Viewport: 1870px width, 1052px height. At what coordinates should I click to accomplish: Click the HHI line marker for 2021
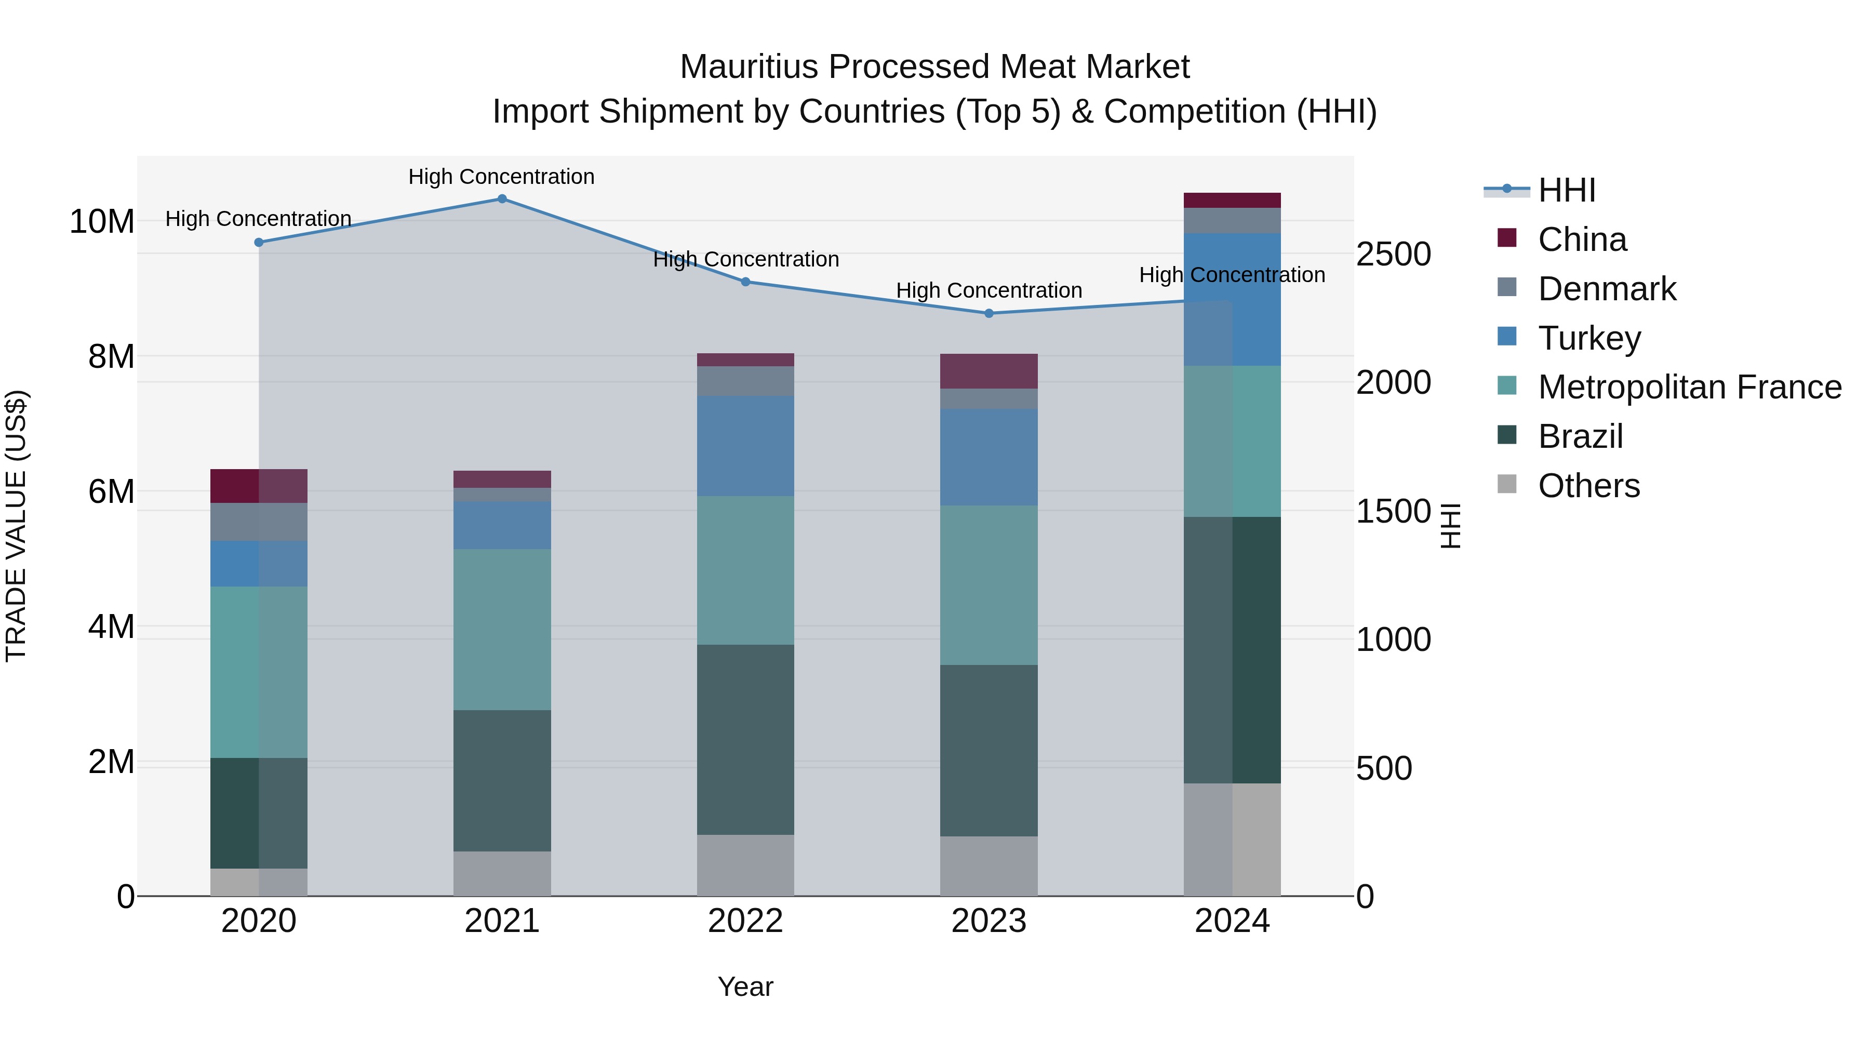tap(502, 199)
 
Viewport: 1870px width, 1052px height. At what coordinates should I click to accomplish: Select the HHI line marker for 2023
tap(989, 314)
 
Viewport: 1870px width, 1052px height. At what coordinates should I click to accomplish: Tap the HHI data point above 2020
tap(259, 243)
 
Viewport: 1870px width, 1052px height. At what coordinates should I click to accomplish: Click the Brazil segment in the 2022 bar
tap(745, 739)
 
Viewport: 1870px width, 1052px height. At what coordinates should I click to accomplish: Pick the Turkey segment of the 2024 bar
tap(1232, 299)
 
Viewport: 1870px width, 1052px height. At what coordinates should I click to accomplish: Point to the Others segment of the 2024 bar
tap(1232, 840)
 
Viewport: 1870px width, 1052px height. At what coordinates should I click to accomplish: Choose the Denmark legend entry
tap(1607, 289)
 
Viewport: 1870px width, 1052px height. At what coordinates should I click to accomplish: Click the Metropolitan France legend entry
tap(1689, 387)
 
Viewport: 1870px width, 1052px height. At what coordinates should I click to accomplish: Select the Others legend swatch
tap(1507, 484)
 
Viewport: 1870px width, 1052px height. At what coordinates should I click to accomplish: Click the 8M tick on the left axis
tap(111, 356)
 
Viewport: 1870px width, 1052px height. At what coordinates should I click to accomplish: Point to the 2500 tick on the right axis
tap(1393, 254)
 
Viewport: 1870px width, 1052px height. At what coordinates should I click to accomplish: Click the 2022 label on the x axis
tap(745, 921)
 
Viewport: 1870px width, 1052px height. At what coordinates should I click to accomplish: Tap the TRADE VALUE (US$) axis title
tap(16, 526)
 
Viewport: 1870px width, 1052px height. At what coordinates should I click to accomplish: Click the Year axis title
tap(745, 987)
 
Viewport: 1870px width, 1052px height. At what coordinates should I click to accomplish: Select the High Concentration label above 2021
tap(502, 177)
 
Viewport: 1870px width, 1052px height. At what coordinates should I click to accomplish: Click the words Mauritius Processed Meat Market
tap(934, 67)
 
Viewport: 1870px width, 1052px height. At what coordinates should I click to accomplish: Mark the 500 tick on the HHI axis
tap(1384, 768)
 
